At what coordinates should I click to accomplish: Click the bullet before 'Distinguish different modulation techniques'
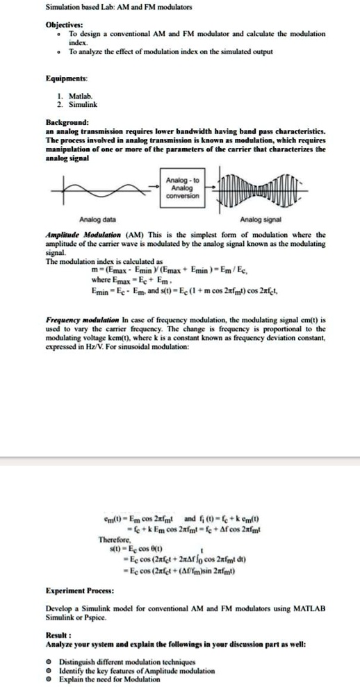(47, 658)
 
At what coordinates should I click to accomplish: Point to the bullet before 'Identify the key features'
(47, 667)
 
